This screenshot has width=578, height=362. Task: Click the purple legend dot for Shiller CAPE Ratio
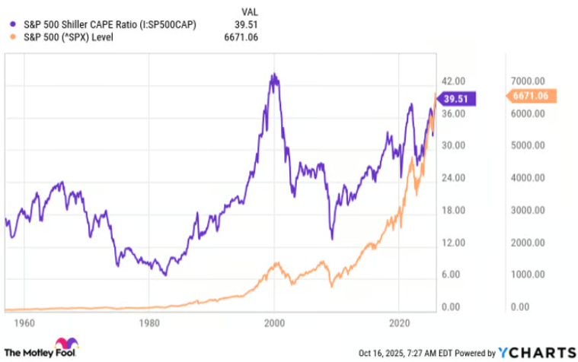(x=11, y=24)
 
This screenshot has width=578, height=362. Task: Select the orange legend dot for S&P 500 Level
(x=11, y=37)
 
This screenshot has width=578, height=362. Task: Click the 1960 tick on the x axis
(x=24, y=322)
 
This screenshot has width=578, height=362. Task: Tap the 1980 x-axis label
(x=149, y=322)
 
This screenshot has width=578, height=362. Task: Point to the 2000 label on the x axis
(x=275, y=322)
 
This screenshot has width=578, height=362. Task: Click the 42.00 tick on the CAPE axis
(x=454, y=81)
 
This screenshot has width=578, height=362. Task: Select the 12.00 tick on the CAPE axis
(x=454, y=243)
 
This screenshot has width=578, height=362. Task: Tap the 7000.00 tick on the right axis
(x=526, y=81)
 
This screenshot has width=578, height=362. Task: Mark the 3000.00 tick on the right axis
(x=526, y=210)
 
